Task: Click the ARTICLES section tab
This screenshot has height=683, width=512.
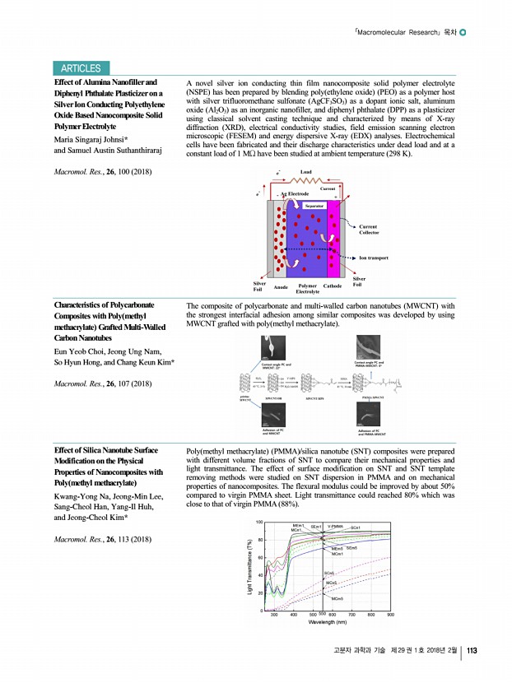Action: click(x=80, y=69)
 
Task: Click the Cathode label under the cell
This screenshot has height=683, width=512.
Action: click(x=333, y=286)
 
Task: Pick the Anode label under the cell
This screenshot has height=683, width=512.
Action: click(x=280, y=286)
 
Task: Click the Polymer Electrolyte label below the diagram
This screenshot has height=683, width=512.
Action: click(x=307, y=289)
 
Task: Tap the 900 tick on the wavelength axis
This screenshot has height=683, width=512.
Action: click(x=391, y=615)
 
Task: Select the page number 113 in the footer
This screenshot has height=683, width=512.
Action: click(x=472, y=653)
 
